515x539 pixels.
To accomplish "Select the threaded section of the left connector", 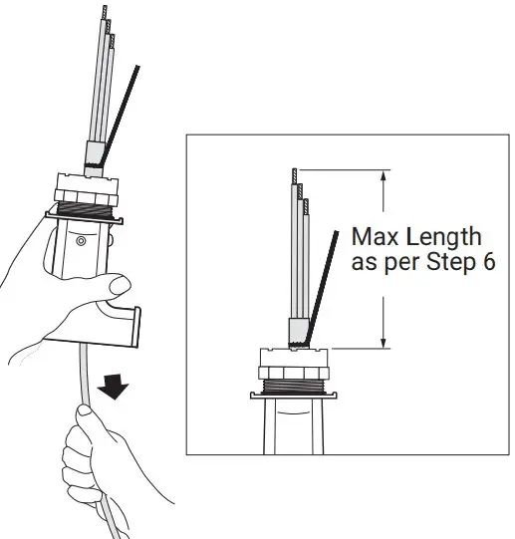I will [x=87, y=209].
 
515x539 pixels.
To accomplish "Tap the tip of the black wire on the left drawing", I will [x=137, y=67].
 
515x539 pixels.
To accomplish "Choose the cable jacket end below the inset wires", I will [x=296, y=331].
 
